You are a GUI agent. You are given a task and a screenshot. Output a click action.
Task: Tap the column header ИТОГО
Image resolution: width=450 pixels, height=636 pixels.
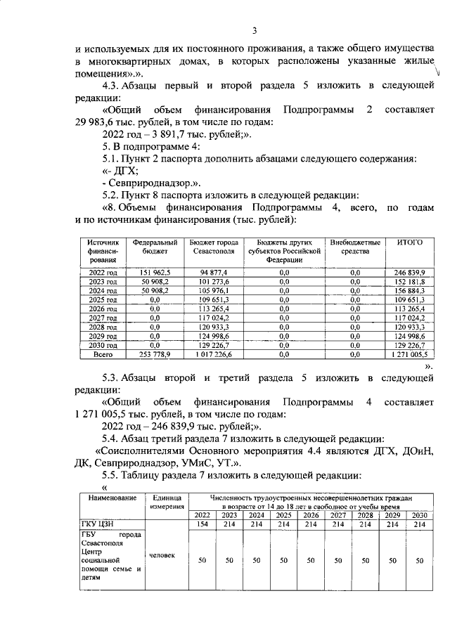click(x=409, y=242)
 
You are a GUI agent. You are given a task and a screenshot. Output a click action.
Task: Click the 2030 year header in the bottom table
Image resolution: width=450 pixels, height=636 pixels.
click(x=419, y=514)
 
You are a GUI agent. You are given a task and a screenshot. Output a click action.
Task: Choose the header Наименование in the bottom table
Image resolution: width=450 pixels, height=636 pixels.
click(x=110, y=498)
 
